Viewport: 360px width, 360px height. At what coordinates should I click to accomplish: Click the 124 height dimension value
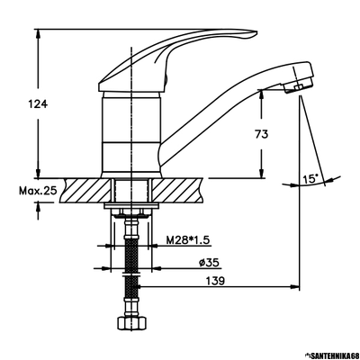(x=38, y=104)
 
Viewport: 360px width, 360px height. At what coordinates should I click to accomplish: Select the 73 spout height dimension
(x=262, y=134)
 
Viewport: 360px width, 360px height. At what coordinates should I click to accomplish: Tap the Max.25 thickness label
(x=38, y=191)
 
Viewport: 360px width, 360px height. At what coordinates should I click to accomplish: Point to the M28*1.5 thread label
(x=188, y=240)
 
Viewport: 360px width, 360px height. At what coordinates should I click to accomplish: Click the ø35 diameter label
(x=209, y=263)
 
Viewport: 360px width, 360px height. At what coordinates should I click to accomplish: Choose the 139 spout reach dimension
(x=215, y=281)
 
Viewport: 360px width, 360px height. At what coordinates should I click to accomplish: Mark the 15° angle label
(x=310, y=179)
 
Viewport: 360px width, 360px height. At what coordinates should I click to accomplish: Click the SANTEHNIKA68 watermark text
(x=334, y=355)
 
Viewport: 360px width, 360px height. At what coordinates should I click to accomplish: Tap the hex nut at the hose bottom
(x=131, y=323)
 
